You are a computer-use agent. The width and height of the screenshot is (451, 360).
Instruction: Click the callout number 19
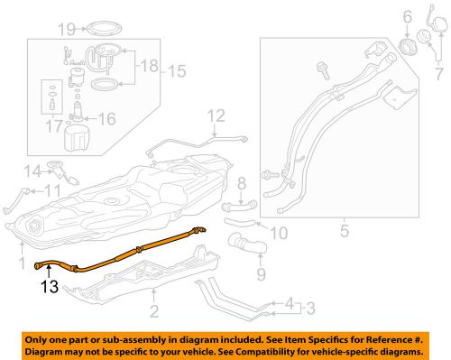point(67,28)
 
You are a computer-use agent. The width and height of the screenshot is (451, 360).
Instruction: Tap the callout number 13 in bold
point(51,289)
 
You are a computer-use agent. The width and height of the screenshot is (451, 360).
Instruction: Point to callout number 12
point(216,115)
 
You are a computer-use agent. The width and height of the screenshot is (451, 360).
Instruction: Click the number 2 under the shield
point(154,311)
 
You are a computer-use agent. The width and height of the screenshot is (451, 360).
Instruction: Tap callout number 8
point(241,185)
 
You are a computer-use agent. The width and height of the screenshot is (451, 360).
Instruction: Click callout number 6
point(408,15)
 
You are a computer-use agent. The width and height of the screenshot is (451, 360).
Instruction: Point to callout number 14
point(32,169)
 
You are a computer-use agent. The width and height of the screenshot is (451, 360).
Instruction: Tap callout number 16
point(106,117)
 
